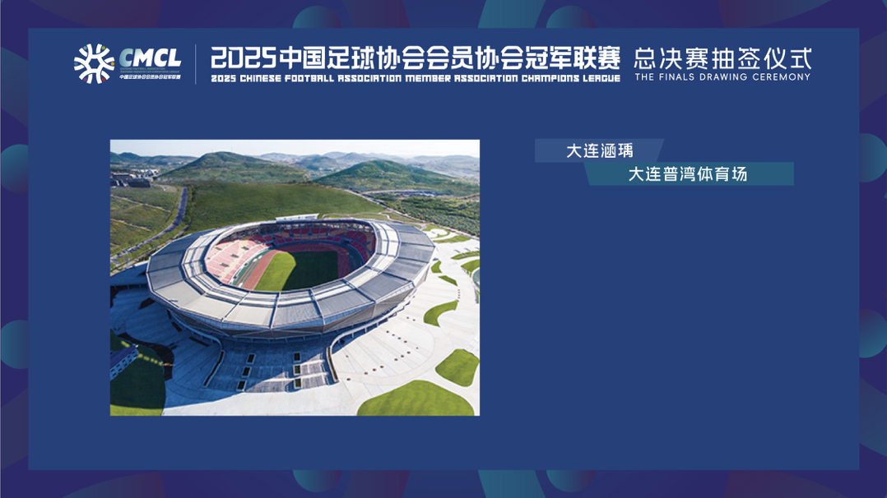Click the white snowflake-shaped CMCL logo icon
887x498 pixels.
click(x=93, y=63)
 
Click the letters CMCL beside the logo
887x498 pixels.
click(x=150, y=58)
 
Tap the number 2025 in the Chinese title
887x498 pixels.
click(x=243, y=59)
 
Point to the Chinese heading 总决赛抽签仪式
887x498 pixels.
click(x=722, y=58)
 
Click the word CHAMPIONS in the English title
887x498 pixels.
click(x=545, y=79)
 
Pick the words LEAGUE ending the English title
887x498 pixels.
click(x=600, y=79)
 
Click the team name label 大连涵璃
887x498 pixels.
click(x=600, y=151)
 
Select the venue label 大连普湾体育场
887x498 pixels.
click(x=688, y=174)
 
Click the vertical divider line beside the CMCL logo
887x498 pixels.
click(x=196, y=64)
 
